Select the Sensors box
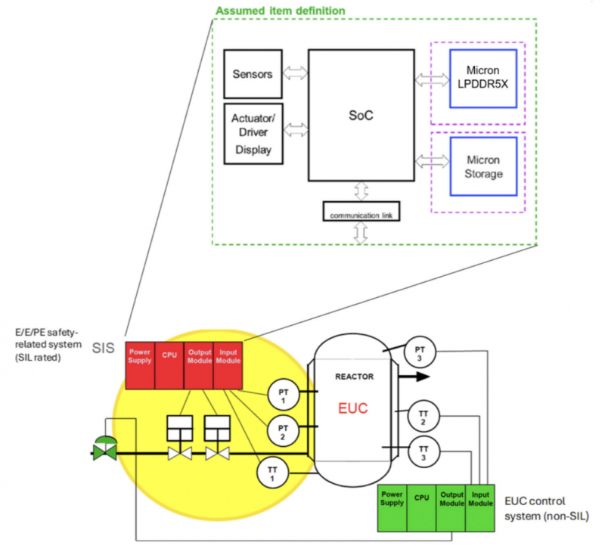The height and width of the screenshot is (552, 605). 253,74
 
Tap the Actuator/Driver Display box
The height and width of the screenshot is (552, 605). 253,134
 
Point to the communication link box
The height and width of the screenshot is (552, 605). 361,212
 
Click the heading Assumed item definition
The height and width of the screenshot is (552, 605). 281,11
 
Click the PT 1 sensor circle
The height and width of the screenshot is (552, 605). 283,395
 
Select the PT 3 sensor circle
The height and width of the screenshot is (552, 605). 420,352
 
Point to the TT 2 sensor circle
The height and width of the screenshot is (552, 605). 423,417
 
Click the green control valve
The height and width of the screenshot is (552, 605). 104,448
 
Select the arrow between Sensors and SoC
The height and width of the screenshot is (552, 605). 294,74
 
